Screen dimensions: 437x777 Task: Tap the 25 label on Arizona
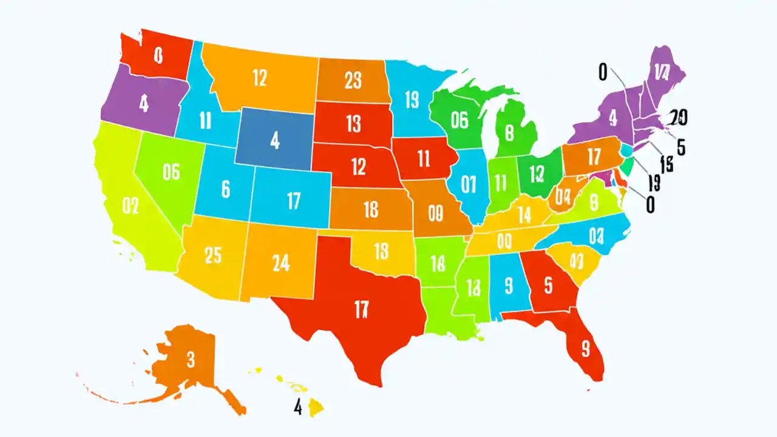tap(213, 256)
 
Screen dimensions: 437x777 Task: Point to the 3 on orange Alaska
tap(191, 360)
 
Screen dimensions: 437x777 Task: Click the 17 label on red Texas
tap(361, 309)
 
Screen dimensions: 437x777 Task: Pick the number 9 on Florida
tap(585, 348)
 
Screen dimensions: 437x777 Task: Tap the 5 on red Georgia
tap(549, 285)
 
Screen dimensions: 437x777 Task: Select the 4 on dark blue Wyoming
tap(275, 141)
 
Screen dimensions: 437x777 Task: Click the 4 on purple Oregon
tap(143, 103)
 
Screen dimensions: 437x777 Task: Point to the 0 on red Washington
tap(158, 56)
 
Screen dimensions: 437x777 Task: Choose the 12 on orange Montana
tap(259, 78)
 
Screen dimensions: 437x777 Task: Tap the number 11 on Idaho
tap(205, 121)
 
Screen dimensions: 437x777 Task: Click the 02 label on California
tap(131, 206)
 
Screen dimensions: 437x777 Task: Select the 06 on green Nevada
tap(172, 172)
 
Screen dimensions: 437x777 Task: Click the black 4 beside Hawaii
tap(297, 407)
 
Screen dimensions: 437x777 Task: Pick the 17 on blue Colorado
tap(293, 200)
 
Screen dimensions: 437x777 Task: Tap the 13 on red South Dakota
tap(353, 124)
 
